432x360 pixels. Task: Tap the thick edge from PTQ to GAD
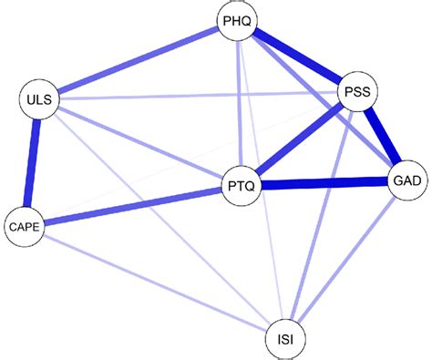pos(324,184)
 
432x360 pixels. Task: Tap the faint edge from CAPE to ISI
pos(154,282)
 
